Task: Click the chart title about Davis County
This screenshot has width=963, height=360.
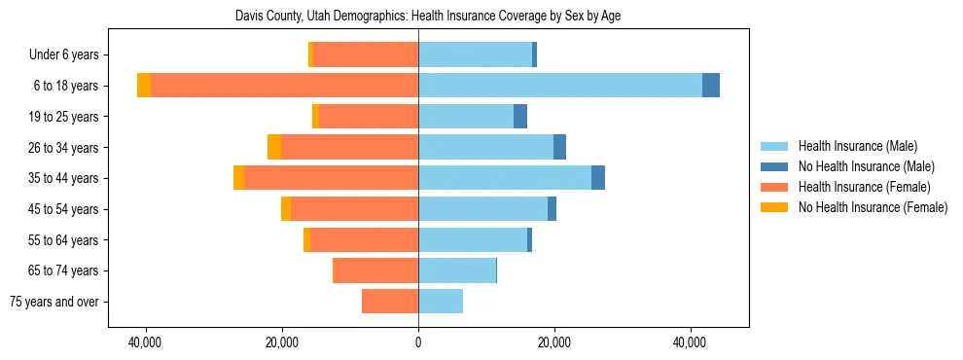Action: click(x=428, y=16)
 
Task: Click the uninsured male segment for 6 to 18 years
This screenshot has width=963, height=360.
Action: click(x=711, y=86)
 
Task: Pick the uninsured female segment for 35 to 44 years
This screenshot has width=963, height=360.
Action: click(x=238, y=178)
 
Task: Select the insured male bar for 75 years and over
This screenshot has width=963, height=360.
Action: click(x=441, y=302)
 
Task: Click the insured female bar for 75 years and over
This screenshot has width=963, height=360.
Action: click(x=390, y=302)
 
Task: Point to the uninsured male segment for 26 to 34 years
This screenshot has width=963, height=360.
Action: click(x=559, y=147)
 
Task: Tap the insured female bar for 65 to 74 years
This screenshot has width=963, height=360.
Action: click(x=376, y=270)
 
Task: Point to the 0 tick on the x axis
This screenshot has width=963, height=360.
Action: click(x=418, y=342)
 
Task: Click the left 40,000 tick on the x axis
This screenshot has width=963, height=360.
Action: click(x=146, y=342)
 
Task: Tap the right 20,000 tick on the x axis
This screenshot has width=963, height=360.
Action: click(x=554, y=342)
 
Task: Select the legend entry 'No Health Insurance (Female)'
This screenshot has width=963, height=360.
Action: click(x=873, y=207)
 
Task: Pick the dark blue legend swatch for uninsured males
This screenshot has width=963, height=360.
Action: click(x=774, y=166)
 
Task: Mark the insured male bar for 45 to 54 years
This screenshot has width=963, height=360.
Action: click(x=482, y=209)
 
